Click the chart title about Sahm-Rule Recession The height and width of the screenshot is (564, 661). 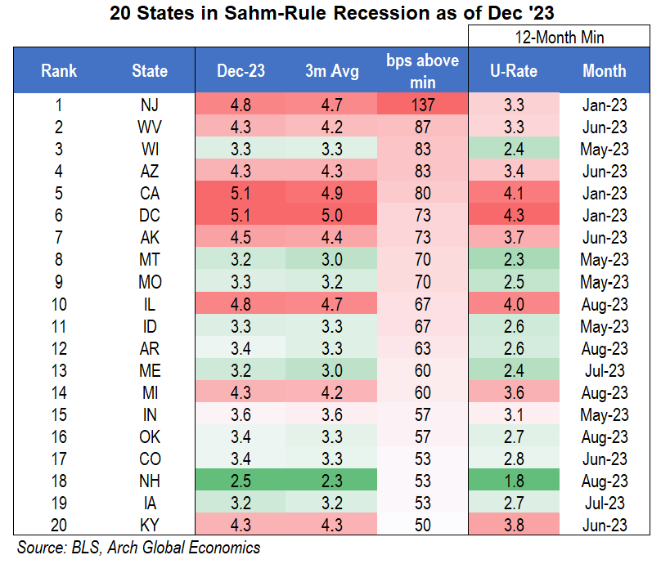330,14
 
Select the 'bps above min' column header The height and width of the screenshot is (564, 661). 422,71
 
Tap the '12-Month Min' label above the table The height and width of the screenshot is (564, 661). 560,37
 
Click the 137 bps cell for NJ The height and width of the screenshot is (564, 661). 422,105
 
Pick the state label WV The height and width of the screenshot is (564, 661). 150,127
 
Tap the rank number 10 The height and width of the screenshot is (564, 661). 58,304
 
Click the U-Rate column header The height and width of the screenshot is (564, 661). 514,71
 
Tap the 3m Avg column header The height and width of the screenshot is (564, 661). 331,71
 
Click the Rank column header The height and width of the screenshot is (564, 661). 58,71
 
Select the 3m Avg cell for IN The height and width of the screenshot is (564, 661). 331,415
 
